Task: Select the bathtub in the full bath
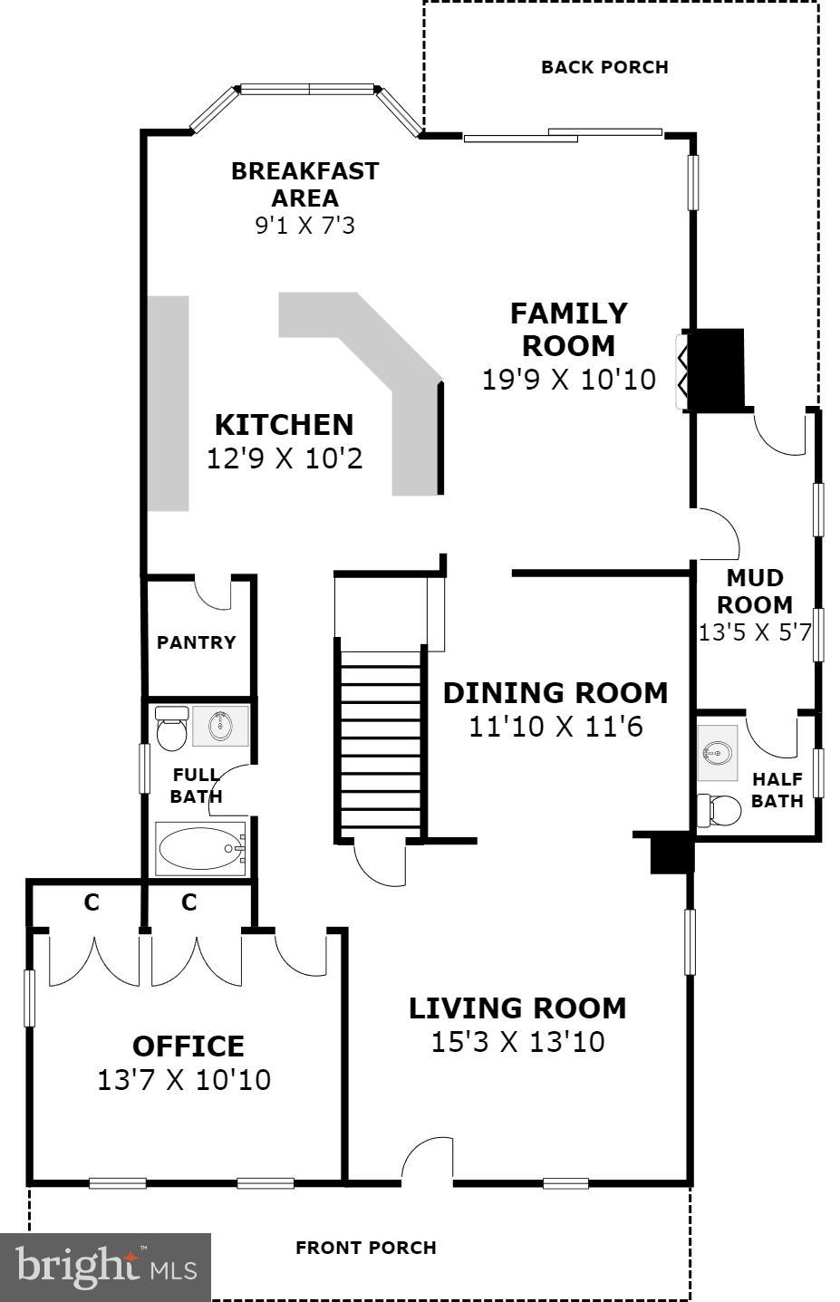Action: (200, 849)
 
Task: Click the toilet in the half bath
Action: (719, 809)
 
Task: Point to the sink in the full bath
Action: (220, 726)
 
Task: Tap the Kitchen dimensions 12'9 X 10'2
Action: (285, 458)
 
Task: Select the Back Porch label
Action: (604, 67)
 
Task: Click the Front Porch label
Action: (366, 1248)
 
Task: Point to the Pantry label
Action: (196, 642)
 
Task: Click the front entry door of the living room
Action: (427, 1162)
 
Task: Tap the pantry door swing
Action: (214, 593)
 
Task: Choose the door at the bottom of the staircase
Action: (381, 862)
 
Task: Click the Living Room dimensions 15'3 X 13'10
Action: (517, 1042)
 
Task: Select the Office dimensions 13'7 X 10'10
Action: (184, 1080)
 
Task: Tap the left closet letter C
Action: (92, 902)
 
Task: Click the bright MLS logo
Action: (105, 1266)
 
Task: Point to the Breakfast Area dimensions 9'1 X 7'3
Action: (304, 225)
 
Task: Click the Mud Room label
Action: (755, 591)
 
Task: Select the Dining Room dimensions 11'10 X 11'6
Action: (555, 727)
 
